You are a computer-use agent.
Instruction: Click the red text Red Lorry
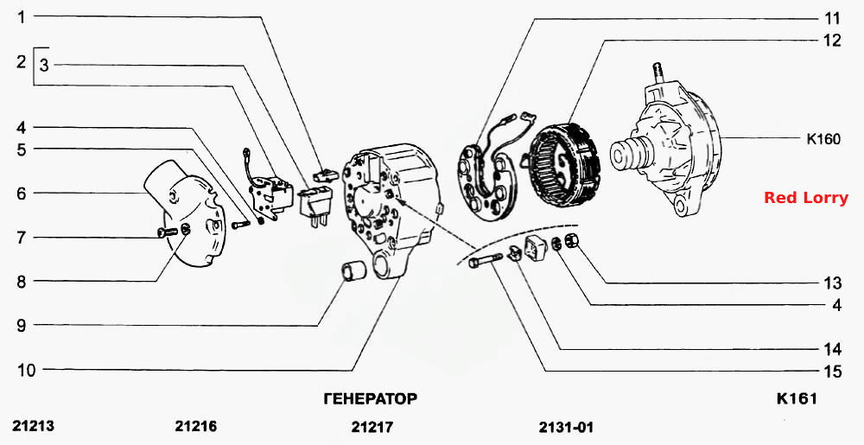(805, 198)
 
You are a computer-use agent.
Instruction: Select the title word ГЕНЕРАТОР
(370, 398)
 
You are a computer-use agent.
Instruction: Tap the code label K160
(823, 139)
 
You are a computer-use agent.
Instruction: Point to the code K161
(797, 398)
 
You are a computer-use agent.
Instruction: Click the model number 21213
(34, 426)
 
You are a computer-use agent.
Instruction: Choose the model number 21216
(196, 426)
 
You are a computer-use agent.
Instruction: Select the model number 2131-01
(566, 426)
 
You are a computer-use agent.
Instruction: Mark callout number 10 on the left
(26, 370)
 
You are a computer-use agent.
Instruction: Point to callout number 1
(22, 17)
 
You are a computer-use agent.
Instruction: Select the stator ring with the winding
(562, 164)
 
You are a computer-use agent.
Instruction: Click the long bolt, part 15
(485, 260)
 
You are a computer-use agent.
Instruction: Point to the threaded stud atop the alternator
(658, 73)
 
